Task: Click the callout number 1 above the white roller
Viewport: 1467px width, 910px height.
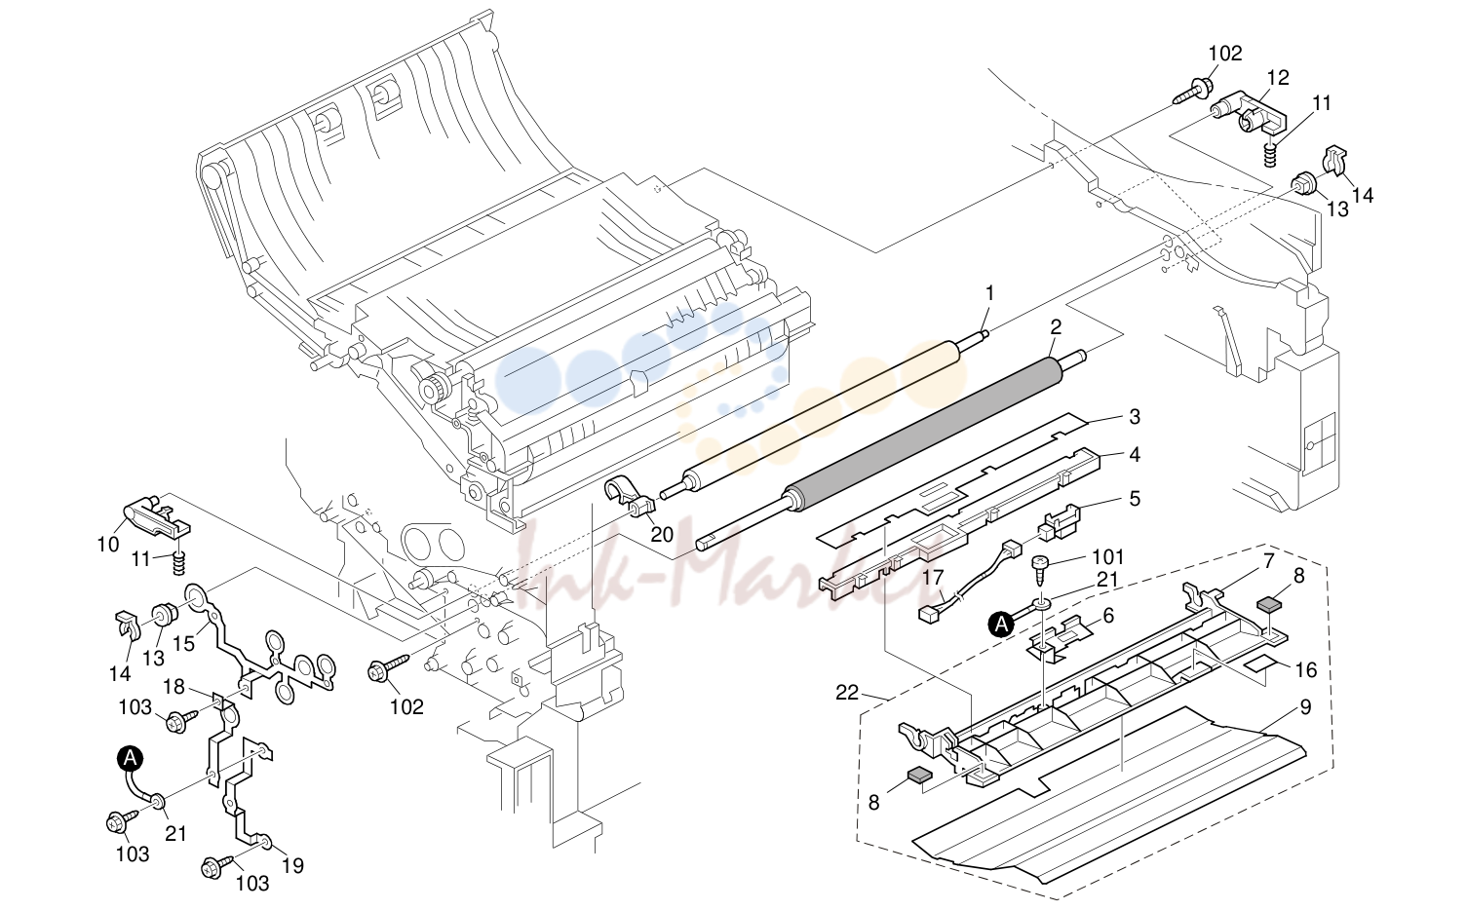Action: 989,293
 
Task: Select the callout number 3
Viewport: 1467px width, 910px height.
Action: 1135,416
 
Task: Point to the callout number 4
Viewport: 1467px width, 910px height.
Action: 1135,454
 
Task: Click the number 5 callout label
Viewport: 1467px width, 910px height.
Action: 1135,498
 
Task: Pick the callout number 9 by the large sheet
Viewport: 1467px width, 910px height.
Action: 1305,707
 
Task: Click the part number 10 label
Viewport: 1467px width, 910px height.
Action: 108,544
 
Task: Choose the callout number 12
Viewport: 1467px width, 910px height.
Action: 1278,78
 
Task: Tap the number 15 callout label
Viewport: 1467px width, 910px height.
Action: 184,644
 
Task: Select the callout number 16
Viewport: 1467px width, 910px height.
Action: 1306,669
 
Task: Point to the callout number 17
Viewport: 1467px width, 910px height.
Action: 934,578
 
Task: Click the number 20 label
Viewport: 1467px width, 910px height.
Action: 662,535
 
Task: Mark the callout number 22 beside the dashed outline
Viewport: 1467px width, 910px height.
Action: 847,693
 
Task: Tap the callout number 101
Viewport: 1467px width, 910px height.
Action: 1108,557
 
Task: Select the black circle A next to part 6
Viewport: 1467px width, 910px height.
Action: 1001,626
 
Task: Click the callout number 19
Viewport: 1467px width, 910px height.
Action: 292,865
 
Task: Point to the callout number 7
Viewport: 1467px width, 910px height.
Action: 1268,561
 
